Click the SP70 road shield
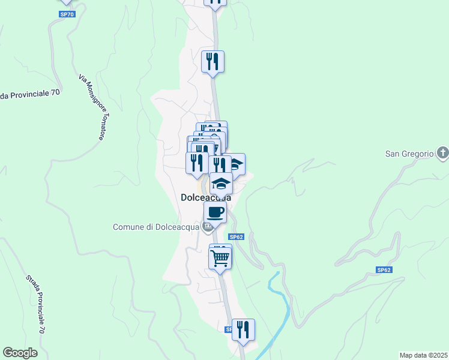pyautogui.click(x=67, y=14)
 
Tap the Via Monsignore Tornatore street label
pyautogui.click(x=91, y=107)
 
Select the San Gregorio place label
pyautogui.click(x=409, y=154)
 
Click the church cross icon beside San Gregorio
pyautogui.click(x=442, y=153)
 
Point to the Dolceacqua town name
pyautogui.click(x=206, y=197)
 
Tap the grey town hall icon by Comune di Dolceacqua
pyautogui.click(x=207, y=227)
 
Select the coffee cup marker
pyautogui.click(x=215, y=211)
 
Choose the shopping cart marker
pyautogui.click(x=220, y=258)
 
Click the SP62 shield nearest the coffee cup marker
pyautogui.click(x=237, y=237)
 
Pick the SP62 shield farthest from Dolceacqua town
pyautogui.click(x=384, y=270)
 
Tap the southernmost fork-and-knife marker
pyautogui.click(x=243, y=329)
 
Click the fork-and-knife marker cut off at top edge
pyautogui.click(x=215, y=2)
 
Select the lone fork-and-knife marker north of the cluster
pyautogui.click(x=212, y=61)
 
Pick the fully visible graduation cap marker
pyautogui.click(x=221, y=183)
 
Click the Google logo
pyautogui.click(x=20, y=353)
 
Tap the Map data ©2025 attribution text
pyautogui.click(x=423, y=355)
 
